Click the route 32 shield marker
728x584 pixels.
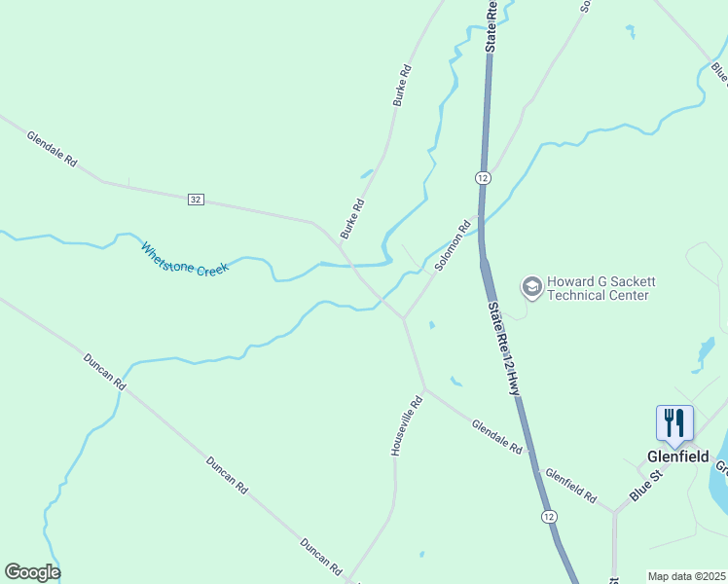pyautogui.click(x=197, y=199)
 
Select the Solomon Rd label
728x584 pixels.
pyautogui.click(x=453, y=246)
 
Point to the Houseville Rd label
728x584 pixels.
pyautogui.click(x=407, y=426)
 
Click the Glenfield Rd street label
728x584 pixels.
pyautogui.click(x=571, y=484)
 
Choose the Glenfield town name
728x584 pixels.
pyautogui.click(x=677, y=456)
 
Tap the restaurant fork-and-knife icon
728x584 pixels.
pyautogui.click(x=674, y=422)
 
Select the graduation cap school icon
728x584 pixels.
pyautogui.click(x=531, y=287)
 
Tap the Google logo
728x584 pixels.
pyautogui.click(x=32, y=572)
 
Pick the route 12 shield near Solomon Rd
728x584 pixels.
pyautogui.click(x=483, y=177)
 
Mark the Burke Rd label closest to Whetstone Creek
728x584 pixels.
pyautogui.click(x=352, y=219)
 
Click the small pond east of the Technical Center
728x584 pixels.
pyautogui.click(x=706, y=353)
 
